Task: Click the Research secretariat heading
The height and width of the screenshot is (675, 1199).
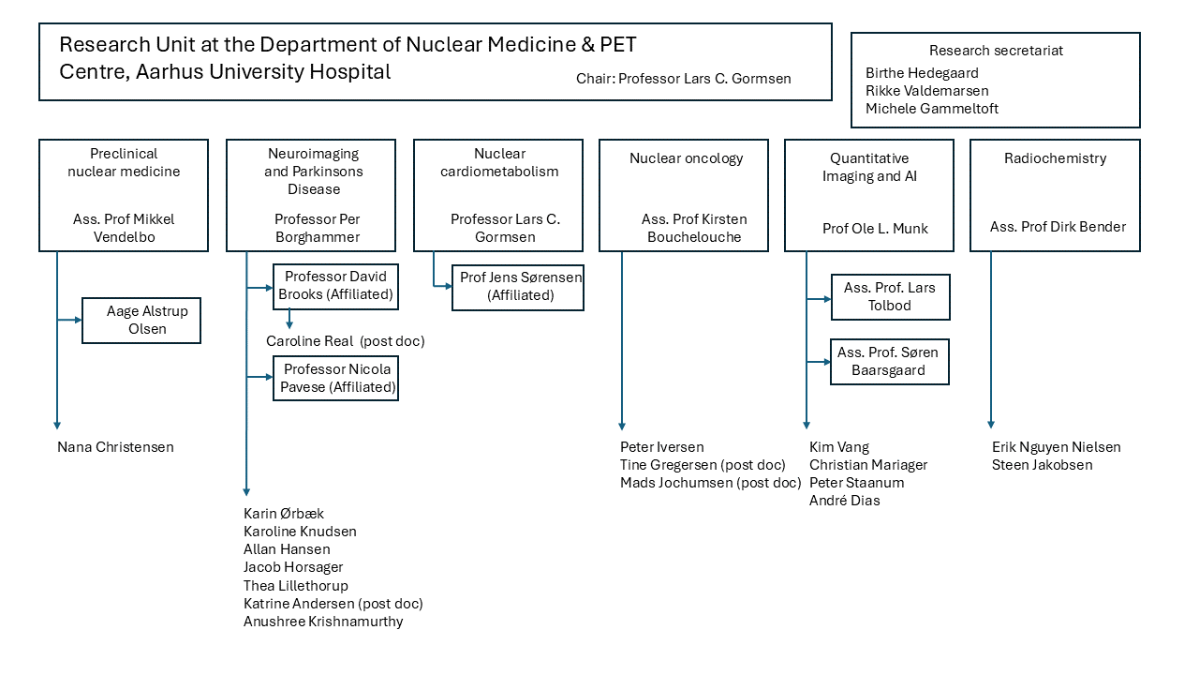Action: [x=996, y=51]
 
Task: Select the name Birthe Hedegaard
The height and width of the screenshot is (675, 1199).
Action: [x=922, y=73]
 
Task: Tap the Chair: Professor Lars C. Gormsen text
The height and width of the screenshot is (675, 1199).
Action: [x=684, y=79]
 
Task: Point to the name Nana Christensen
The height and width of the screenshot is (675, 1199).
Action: [x=115, y=447]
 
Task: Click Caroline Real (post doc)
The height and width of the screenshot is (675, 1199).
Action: [x=346, y=341]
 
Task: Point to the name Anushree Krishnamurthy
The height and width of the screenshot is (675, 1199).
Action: [x=323, y=622]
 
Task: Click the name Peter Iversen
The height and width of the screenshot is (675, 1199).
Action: [x=662, y=447]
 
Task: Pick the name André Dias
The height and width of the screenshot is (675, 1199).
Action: [x=845, y=501]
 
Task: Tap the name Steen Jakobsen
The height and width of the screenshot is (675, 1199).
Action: [x=1043, y=465]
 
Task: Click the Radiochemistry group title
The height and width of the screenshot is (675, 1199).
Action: [x=1055, y=158]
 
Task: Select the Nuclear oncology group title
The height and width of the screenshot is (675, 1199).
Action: [x=687, y=158]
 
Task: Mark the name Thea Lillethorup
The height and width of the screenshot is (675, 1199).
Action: [x=295, y=586]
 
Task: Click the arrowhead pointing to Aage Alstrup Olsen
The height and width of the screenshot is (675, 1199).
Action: [x=78, y=320]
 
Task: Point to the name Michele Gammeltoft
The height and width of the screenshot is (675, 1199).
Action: [x=932, y=109]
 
